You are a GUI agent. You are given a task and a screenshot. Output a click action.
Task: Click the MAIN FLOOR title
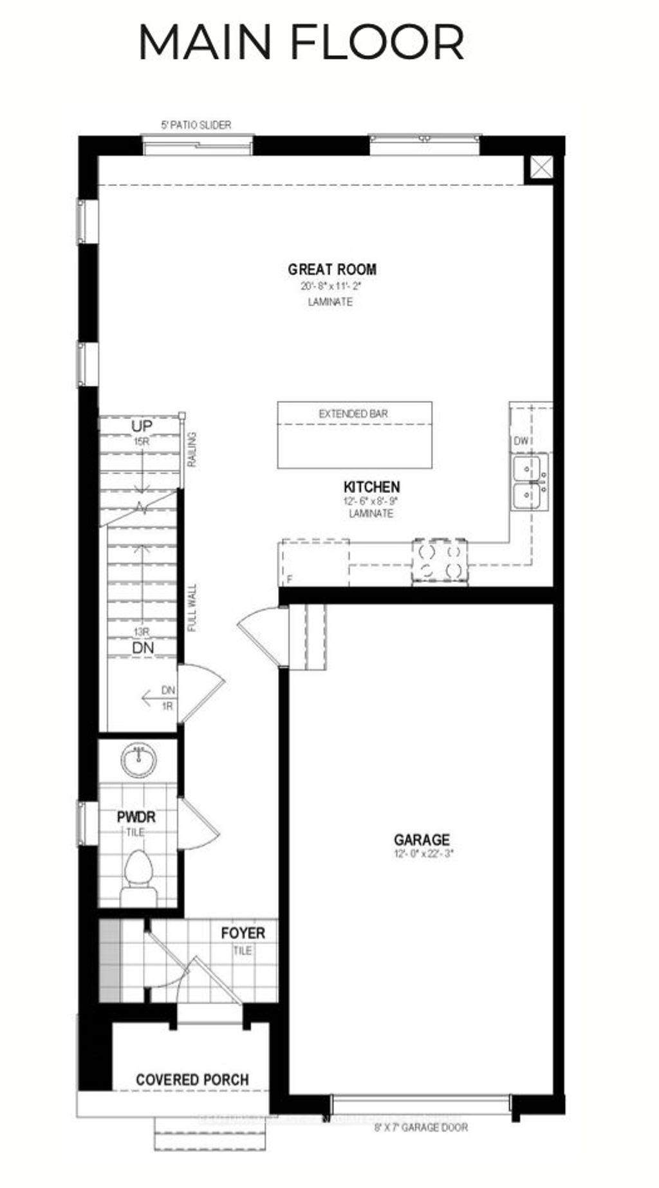click(x=301, y=42)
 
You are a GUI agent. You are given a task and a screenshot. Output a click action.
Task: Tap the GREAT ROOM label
click(x=332, y=270)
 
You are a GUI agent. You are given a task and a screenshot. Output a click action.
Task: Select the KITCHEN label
click(x=371, y=487)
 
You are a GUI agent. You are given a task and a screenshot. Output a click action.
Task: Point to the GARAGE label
click(x=422, y=840)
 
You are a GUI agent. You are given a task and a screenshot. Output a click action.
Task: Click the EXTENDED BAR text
click(x=353, y=414)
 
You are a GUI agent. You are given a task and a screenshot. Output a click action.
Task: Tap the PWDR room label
click(x=136, y=817)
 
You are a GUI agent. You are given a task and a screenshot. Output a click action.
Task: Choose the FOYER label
click(x=243, y=933)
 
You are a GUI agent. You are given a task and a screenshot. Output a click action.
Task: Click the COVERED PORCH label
click(x=192, y=1080)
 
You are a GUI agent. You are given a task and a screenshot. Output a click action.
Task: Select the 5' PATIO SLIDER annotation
click(x=196, y=125)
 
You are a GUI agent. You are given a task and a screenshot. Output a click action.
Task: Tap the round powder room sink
click(x=138, y=761)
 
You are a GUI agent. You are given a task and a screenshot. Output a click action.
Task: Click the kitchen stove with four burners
click(x=440, y=561)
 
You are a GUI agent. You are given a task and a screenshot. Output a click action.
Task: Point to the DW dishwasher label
click(x=521, y=441)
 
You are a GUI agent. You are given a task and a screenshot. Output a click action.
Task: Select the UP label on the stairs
click(x=142, y=427)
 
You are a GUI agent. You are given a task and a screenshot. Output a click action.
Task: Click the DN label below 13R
click(x=143, y=648)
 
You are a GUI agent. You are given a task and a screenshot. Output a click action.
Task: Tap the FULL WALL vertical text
click(x=192, y=608)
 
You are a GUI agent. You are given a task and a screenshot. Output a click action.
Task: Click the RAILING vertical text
click(x=192, y=449)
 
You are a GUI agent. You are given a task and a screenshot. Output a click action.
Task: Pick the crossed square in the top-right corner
click(x=539, y=169)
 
